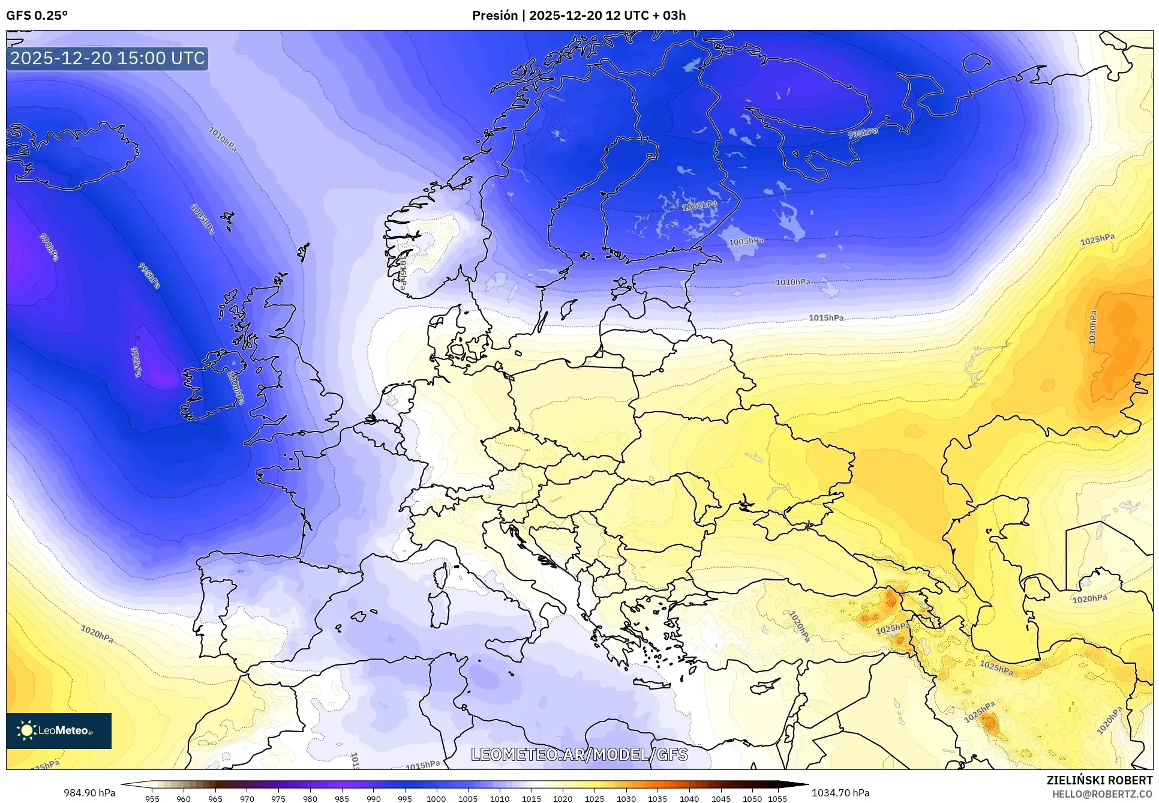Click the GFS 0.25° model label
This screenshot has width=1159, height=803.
(37, 16)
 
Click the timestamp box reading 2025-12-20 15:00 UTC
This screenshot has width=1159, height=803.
(107, 58)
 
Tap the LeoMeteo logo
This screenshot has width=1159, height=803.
(58, 730)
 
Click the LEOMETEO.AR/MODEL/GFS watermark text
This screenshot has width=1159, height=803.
(579, 754)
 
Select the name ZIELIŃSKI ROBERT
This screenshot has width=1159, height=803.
(1099, 780)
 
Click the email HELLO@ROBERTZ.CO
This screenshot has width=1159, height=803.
(1102, 794)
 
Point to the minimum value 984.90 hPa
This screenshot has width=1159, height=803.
(89, 793)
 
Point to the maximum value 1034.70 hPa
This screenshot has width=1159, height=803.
(840, 793)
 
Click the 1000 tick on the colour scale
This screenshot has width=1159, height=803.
(436, 799)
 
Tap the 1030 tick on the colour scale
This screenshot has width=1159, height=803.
(626, 799)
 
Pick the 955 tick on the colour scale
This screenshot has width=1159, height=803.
(152, 799)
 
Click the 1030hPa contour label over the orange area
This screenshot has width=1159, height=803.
(1092, 328)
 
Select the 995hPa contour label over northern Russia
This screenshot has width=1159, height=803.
(863, 133)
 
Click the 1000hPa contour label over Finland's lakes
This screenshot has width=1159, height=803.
(699, 206)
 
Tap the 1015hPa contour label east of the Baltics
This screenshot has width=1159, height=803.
(826, 317)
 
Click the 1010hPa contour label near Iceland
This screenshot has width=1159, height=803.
(223, 139)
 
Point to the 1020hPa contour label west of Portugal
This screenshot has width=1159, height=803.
(97, 634)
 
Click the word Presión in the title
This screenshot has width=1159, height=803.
(495, 16)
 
